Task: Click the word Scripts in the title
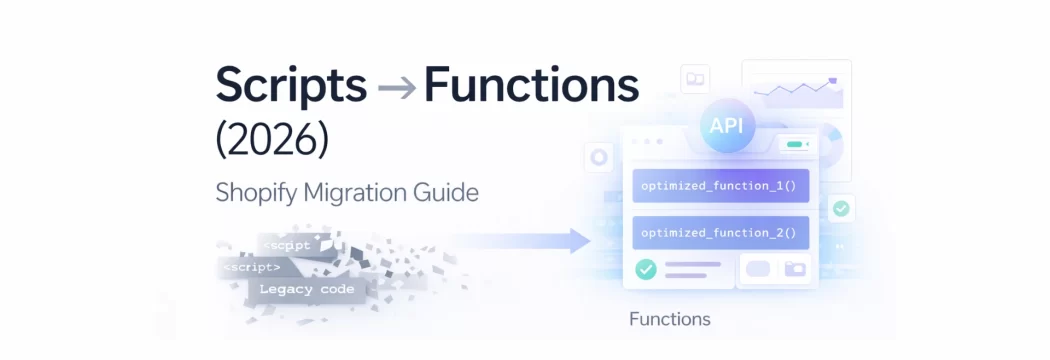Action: [x=291, y=88]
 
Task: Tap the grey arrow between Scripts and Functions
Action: [x=397, y=89]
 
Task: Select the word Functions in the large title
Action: [x=531, y=87]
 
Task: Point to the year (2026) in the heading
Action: [x=272, y=140]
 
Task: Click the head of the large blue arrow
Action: [x=578, y=241]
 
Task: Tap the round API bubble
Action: [x=727, y=127]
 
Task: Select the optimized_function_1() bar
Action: [x=720, y=186]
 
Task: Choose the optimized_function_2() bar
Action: [x=720, y=234]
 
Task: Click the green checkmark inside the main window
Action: [x=646, y=268]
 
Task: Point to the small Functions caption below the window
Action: [x=670, y=320]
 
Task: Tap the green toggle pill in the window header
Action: [x=796, y=145]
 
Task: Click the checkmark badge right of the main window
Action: [x=841, y=209]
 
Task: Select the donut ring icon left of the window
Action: [x=599, y=157]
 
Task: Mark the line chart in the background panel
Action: [x=797, y=91]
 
